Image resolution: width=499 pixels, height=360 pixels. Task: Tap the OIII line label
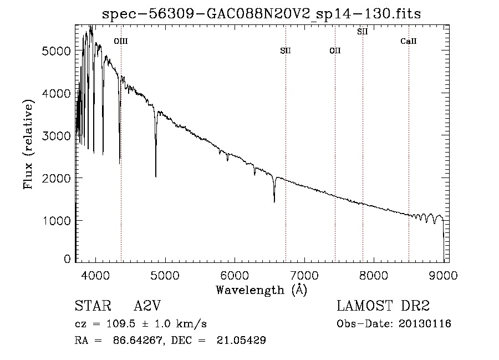(x=120, y=41)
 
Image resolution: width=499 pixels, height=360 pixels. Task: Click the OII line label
(x=335, y=51)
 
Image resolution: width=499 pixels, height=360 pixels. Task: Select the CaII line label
(x=409, y=41)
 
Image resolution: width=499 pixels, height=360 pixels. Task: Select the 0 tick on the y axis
(x=67, y=259)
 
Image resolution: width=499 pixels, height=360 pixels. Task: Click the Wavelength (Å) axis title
(x=261, y=290)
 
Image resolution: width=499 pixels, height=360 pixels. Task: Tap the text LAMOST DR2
(x=383, y=306)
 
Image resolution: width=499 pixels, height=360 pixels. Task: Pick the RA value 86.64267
(x=135, y=341)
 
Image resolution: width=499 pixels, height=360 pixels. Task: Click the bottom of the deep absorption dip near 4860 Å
(x=155, y=176)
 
